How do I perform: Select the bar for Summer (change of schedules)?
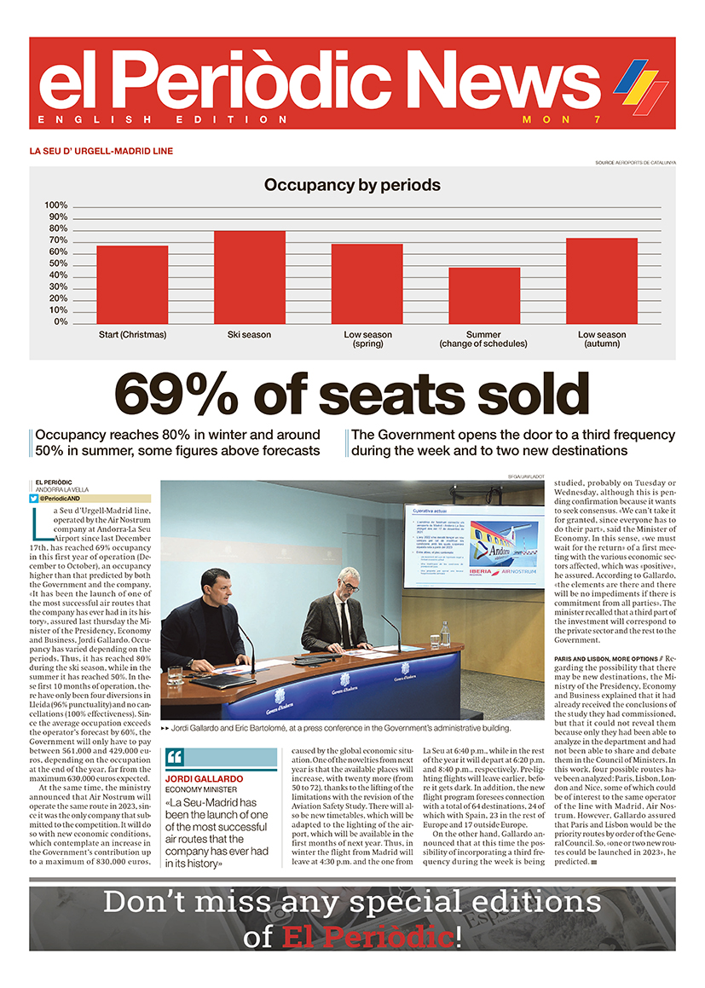point(484,295)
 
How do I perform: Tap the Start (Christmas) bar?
point(132,284)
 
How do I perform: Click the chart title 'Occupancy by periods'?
point(352,185)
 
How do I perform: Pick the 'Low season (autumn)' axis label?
point(602,339)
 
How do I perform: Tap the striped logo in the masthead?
point(640,83)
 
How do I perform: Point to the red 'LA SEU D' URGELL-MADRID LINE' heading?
point(101,151)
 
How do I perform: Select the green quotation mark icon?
point(175,757)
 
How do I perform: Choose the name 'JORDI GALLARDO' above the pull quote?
point(204,779)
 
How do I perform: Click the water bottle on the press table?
point(445,634)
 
